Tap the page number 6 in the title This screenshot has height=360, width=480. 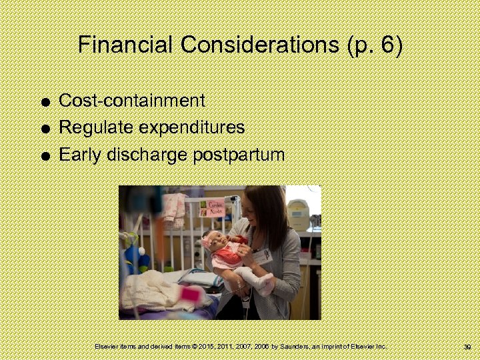click(389, 45)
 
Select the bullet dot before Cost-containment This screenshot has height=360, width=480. click(43, 102)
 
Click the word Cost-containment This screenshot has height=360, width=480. click(132, 101)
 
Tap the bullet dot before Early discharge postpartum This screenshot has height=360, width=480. click(43, 157)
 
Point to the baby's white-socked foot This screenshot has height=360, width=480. click(265, 283)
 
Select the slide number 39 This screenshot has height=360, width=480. click(467, 347)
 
